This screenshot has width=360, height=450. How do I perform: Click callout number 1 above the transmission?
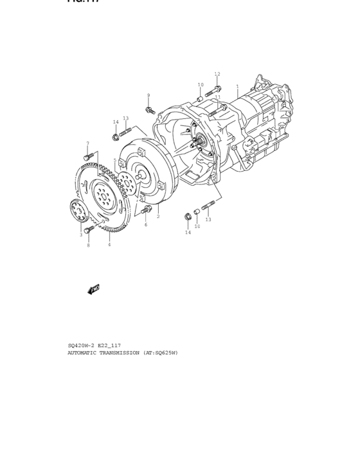[x=237, y=86]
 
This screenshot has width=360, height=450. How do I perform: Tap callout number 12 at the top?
[x=217, y=75]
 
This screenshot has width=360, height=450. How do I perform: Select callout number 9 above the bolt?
[x=148, y=96]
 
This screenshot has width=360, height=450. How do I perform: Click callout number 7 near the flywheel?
[x=87, y=143]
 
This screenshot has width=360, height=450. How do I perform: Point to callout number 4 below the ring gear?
[x=109, y=245]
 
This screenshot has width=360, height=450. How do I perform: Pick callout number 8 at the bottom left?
[x=88, y=246]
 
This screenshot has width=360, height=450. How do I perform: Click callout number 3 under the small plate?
[x=81, y=235]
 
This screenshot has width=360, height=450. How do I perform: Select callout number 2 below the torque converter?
[x=158, y=217]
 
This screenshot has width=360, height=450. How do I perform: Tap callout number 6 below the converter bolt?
[x=145, y=225]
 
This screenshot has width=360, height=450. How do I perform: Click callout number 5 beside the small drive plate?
[x=115, y=161]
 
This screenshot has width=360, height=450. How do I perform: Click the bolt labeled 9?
[x=150, y=111]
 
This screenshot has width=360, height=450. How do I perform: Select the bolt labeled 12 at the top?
[x=218, y=88]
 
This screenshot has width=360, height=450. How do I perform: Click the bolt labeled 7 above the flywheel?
[x=89, y=156]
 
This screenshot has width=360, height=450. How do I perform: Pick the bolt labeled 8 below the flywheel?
[x=88, y=229]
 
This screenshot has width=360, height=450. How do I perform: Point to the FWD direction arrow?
[x=93, y=291]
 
